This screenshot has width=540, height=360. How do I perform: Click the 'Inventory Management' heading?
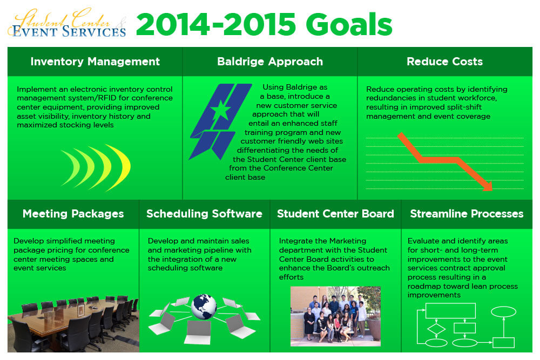pos(95,62)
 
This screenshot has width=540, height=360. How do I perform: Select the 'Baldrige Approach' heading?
pos(270,62)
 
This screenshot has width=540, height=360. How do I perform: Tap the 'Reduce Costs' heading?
pos(444,62)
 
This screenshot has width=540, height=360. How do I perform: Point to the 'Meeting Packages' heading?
pos(73,214)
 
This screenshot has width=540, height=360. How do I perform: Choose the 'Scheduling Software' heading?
pos(204,214)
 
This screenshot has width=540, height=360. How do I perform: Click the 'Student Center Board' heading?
pos(335,214)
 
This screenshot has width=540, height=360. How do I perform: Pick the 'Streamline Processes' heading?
pos(467,214)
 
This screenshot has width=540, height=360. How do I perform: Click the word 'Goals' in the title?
pos(349,25)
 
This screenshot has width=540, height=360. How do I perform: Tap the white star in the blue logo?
pos(220,110)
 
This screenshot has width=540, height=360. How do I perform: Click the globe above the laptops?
pos(204,307)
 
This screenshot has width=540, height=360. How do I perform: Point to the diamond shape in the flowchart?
pos(436,329)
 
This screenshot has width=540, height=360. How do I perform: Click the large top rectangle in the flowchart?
pos(451,310)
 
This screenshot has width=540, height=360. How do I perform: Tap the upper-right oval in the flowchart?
pos(503,312)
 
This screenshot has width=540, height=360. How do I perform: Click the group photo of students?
pos(335,316)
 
